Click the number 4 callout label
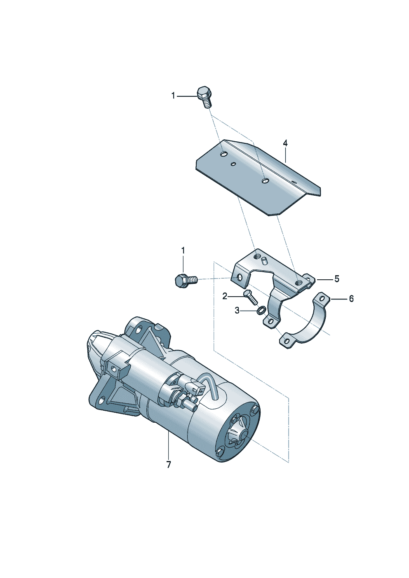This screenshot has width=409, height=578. pos(285,143)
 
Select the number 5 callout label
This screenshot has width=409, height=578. pos(337,279)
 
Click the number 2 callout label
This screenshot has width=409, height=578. pos(225,297)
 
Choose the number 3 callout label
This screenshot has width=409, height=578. pos(237,311)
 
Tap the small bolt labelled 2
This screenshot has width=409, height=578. pos(250,297)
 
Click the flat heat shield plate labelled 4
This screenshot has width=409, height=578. pos(258,180)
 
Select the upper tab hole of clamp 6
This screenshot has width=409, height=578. pos(322,299)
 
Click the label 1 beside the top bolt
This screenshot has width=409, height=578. pos(173,96)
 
